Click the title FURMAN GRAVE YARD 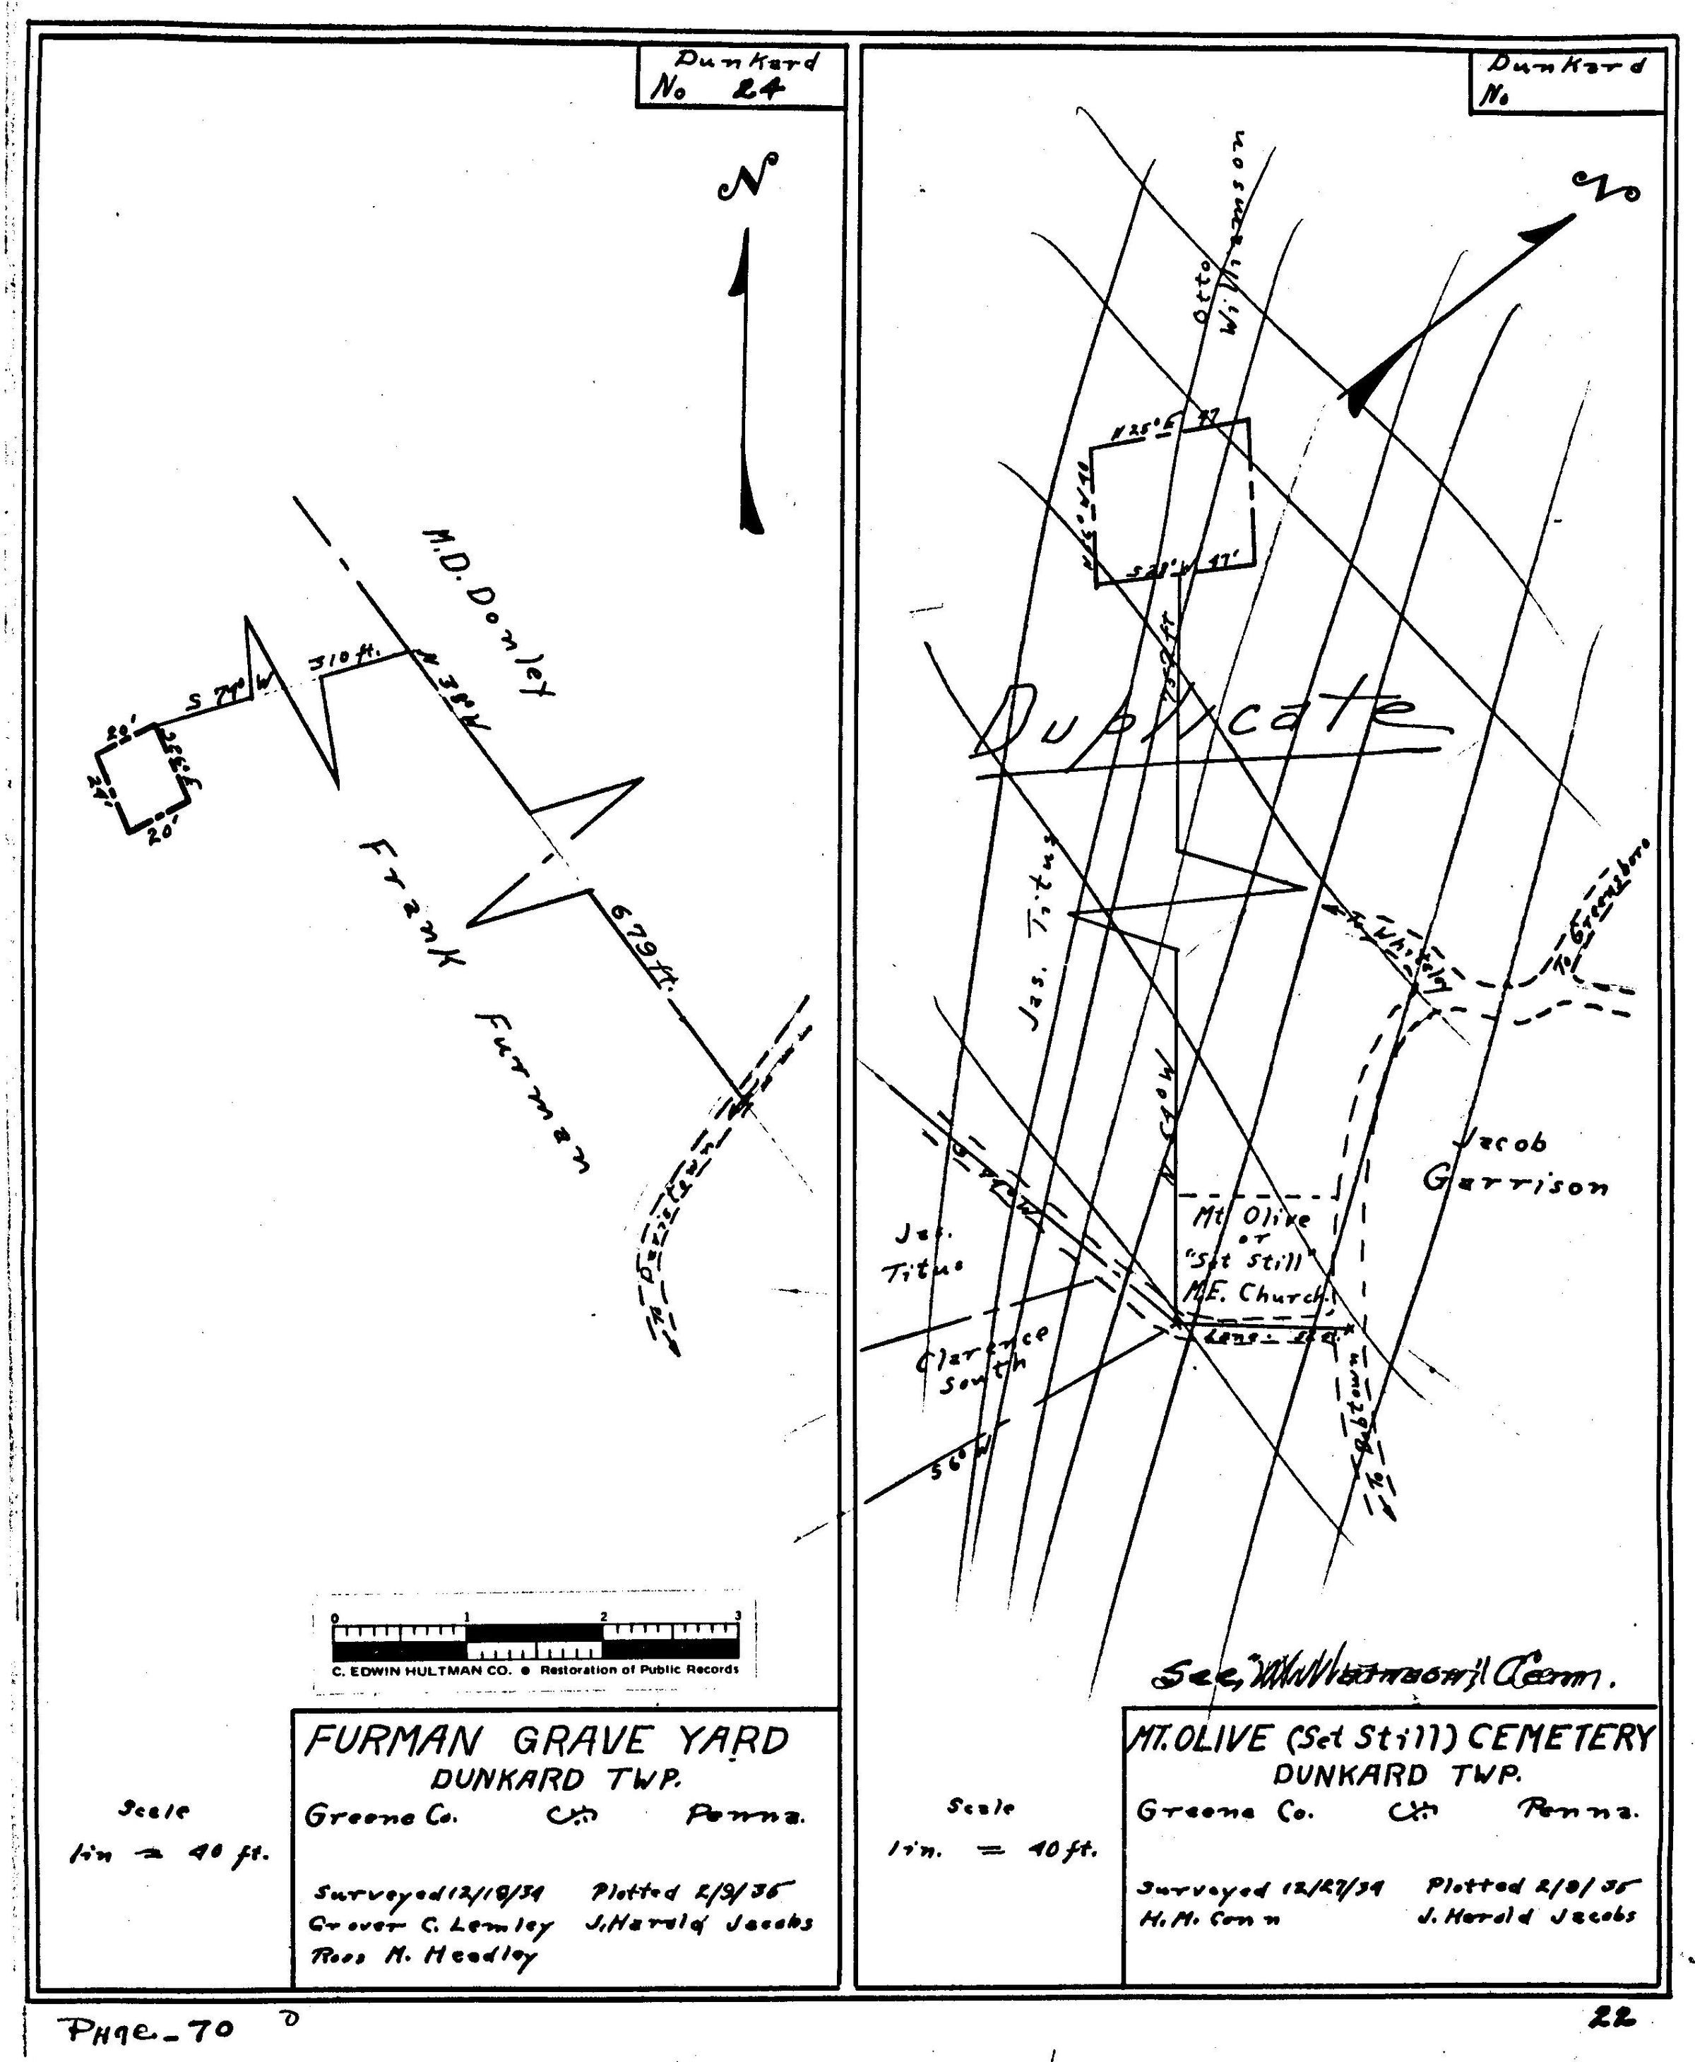click(547, 1741)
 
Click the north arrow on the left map click(747, 381)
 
